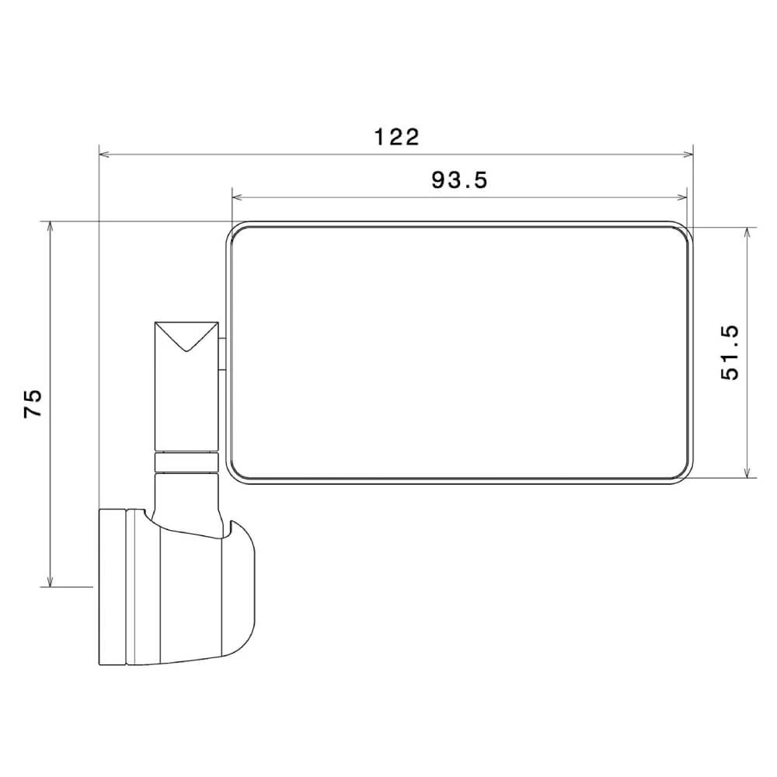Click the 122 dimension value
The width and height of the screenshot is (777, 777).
396,138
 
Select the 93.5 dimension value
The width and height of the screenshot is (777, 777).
459,180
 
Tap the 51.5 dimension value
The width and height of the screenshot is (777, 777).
730,352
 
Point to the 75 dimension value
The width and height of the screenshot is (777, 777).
33,403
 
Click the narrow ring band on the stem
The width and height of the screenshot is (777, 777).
185,462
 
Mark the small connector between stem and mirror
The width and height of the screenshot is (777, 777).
221,354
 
